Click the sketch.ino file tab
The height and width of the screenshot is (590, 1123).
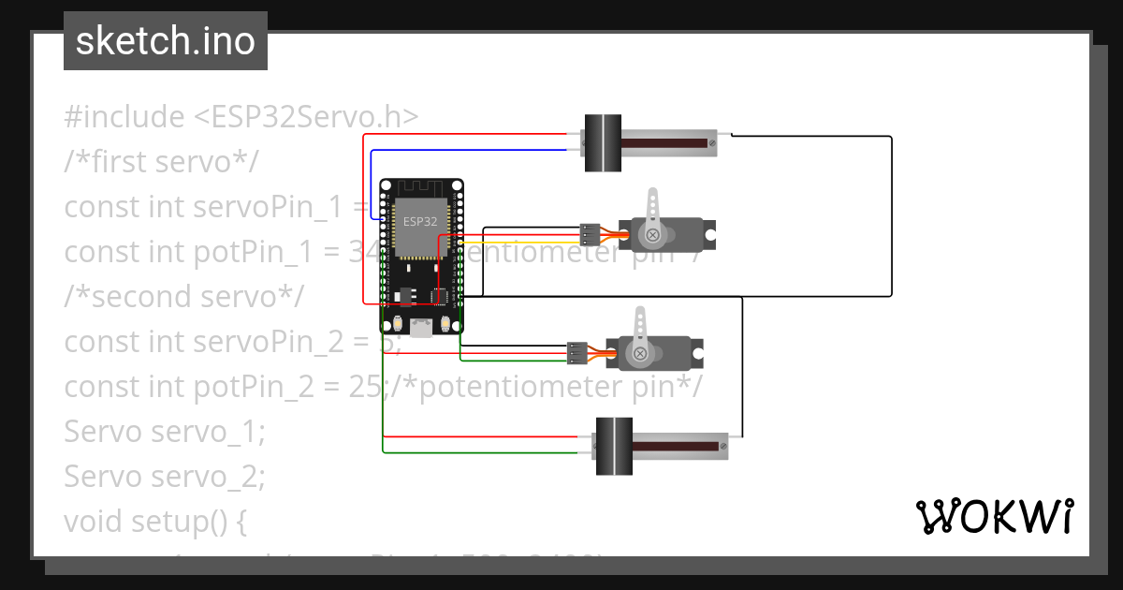(165, 41)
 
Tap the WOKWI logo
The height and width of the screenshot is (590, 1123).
(993, 516)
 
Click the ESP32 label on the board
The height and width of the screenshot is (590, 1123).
(418, 222)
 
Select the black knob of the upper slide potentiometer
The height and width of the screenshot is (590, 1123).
(603, 142)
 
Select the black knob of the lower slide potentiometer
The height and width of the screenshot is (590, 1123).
(614, 446)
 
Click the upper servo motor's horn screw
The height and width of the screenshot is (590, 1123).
(651, 235)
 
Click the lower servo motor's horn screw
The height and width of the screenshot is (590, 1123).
(639, 354)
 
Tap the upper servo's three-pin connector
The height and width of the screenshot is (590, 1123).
(590, 234)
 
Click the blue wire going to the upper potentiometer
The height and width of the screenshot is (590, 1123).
(468, 150)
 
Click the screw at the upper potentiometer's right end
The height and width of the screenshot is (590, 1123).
(712, 142)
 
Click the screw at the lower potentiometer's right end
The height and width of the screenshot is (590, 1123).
(723, 447)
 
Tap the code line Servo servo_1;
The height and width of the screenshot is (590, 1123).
(165, 433)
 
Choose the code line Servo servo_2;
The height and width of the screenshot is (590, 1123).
(165, 477)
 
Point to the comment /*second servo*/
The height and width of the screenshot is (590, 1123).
(184, 296)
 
